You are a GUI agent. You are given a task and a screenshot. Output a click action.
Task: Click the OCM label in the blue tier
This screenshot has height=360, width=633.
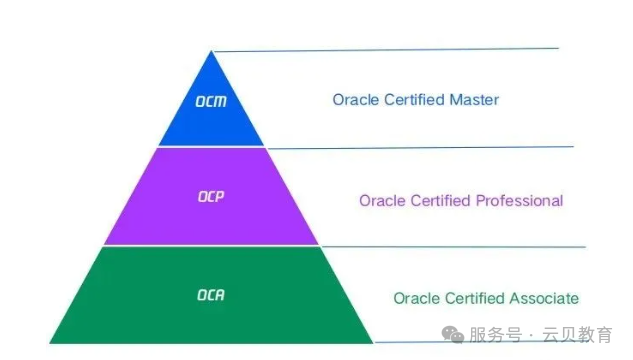click(211, 102)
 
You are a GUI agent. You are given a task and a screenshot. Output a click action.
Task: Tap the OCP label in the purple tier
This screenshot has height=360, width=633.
click(211, 196)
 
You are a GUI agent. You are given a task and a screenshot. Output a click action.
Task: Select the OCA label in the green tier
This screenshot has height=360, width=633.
click(211, 295)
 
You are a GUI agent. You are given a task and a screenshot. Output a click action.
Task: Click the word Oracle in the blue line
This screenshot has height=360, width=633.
click(353, 100)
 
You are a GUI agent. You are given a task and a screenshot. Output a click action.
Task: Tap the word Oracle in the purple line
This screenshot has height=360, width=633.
click(380, 201)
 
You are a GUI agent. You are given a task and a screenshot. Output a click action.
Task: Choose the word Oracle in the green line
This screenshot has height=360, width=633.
click(414, 298)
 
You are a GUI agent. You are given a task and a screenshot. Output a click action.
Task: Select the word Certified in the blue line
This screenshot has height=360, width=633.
click(414, 100)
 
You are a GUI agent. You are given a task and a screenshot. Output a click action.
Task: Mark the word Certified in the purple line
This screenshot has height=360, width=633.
click(439, 201)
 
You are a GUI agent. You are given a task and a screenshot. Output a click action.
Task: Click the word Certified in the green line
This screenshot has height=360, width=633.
click(474, 298)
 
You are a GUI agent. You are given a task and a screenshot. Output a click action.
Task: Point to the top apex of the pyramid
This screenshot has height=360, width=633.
click(211, 51)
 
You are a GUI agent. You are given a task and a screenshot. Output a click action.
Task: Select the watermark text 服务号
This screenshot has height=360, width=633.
click(497, 336)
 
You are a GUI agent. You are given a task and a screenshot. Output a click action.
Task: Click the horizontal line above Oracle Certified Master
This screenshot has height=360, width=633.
click(400, 49)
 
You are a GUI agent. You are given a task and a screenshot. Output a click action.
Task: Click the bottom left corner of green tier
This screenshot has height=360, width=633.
click(50, 342)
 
